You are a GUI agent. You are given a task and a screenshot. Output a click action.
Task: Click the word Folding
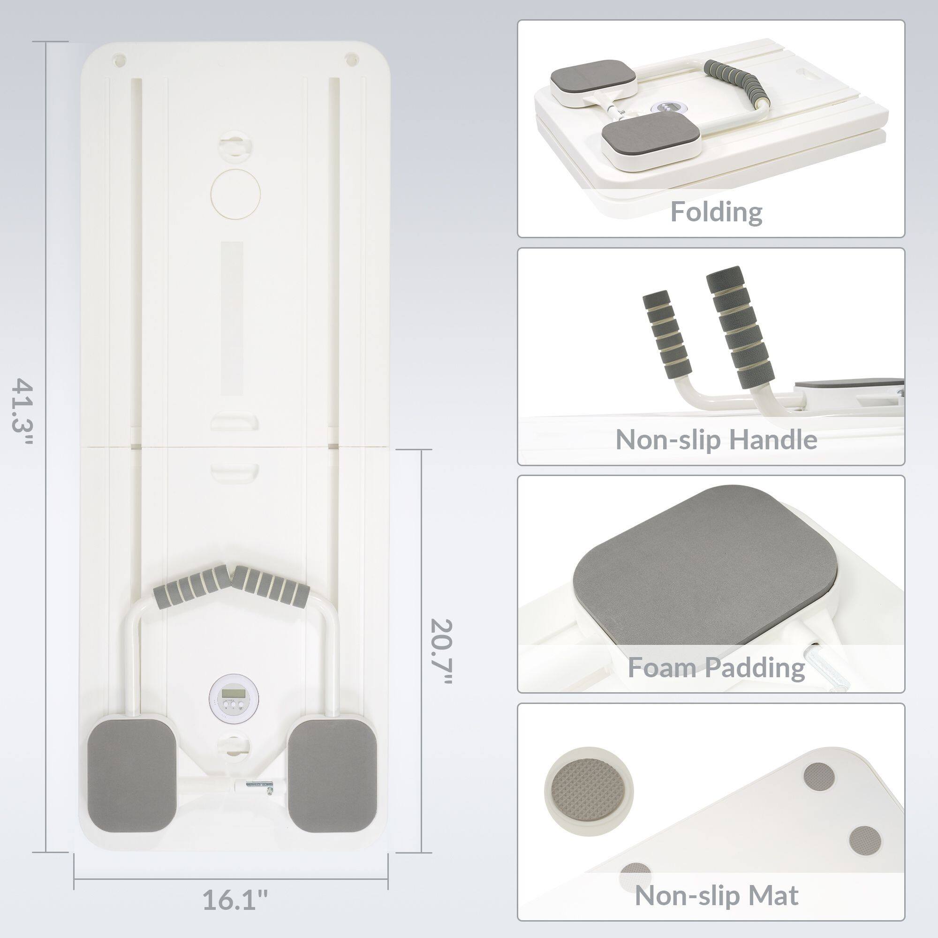(x=716, y=212)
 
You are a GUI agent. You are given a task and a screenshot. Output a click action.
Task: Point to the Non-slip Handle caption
(x=716, y=440)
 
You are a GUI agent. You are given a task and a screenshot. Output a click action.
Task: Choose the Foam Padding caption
(x=716, y=667)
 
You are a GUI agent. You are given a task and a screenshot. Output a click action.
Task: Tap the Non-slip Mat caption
(x=716, y=896)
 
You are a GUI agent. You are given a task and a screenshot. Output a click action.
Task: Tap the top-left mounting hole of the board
(x=120, y=60)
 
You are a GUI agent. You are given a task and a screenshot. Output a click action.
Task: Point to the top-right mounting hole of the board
(x=349, y=60)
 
